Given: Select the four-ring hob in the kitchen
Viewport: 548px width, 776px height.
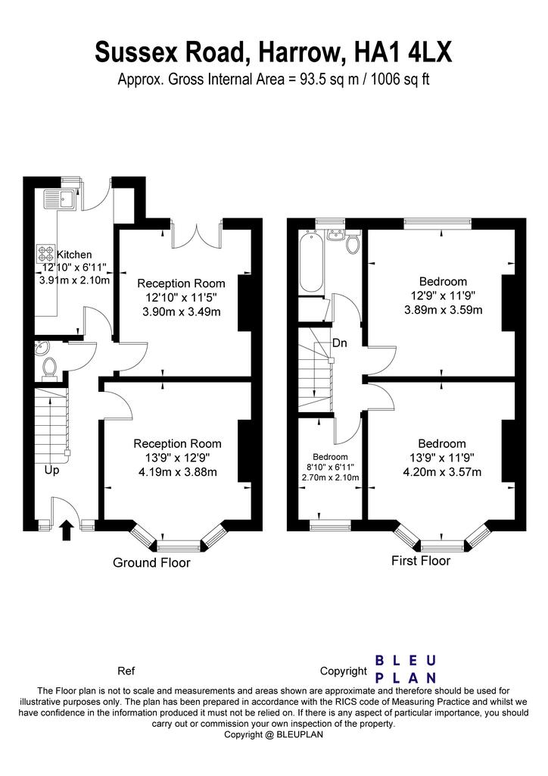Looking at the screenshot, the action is pyautogui.click(x=46, y=255).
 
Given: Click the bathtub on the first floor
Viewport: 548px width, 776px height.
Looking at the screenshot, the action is pyautogui.click(x=311, y=261).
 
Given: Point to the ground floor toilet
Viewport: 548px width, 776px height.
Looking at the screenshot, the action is pyautogui.click(x=49, y=369).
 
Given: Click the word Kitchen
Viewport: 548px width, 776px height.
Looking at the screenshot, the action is pyautogui.click(x=75, y=255).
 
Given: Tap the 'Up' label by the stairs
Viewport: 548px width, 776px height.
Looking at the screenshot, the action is pyautogui.click(x=52, y=470).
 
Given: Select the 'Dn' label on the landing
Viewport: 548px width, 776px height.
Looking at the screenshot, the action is pyautogui.click(x=340, y=343).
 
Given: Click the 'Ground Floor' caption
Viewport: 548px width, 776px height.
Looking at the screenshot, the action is pyautogui.click(x=151, y=563).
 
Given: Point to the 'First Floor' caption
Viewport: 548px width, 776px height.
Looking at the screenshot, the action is pyautogui.click(x=421, y=561).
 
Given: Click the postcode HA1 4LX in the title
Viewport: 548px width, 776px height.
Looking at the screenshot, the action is pyautogui.click(x=403, y=52).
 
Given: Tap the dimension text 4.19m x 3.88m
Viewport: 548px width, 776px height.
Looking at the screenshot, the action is pyautogui.click(x=178, y=472).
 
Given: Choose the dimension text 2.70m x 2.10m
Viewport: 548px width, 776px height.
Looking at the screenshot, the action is pyautogui.click(x=331, y=477).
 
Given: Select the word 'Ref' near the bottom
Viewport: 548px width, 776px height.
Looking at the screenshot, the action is pyautogui.click(x=126, y=671).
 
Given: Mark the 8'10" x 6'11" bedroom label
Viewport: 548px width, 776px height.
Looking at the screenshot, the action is pyautogui.click(x=331, y=467).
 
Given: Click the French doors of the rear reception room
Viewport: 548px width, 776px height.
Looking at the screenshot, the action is pyautogui.click(x=196, y=236).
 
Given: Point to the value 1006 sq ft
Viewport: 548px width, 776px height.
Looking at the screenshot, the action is pyautogui.click(x=400, y=79).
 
